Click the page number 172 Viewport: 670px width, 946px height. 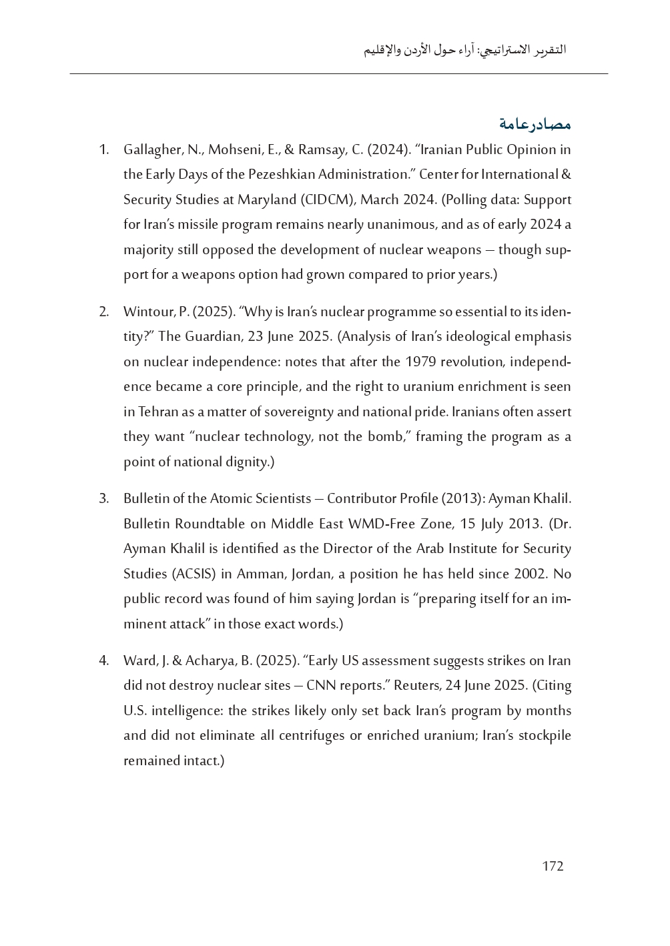coord(553,866)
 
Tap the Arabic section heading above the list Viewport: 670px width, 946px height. coord(535,124)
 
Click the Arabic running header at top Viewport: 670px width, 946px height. coord(464,50)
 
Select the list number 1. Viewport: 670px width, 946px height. coord(103,149)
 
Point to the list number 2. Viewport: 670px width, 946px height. coord(103,312)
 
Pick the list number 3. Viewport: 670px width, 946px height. coord(103,499)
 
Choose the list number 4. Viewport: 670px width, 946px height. coord(103,661)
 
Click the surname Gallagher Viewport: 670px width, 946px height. coord(149,149)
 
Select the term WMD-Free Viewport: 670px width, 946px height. coord(381,524)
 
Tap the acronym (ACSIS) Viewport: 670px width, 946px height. coord(194,574)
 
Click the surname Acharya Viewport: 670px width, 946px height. coord(212,661)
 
